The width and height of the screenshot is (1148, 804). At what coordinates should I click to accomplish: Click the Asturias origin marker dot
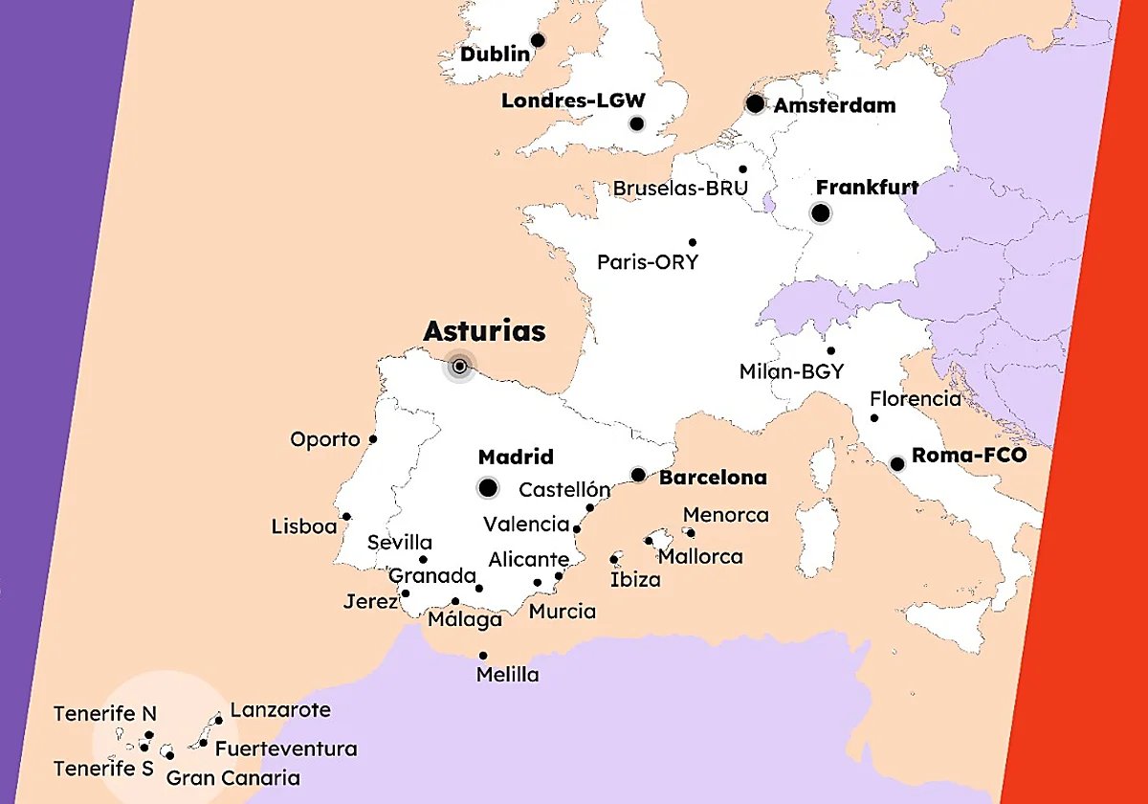[460, 366]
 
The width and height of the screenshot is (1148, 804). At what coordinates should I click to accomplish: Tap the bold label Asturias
[484, 331]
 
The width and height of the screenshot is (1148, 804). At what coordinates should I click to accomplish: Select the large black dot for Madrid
[488, 488]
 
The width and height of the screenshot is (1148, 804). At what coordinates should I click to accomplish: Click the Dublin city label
[494, 55]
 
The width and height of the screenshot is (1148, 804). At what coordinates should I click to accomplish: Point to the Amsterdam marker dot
[756, 103]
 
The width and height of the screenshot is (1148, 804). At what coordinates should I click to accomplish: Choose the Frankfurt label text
[867, 188]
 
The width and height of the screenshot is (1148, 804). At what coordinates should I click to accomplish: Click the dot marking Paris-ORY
[693, 242]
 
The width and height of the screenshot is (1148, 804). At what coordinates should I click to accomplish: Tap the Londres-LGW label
[573, 100]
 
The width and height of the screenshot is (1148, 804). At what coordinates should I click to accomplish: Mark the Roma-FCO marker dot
[897, 464]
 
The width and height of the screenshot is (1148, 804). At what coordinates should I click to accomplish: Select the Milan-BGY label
[791, 371]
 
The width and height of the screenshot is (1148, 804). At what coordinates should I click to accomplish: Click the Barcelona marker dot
[638, 475]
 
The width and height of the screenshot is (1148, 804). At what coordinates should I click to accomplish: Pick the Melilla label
[507, 675]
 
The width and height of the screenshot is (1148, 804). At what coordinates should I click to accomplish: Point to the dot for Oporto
[373, 439]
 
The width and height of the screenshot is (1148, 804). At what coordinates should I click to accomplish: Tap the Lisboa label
[304, 526]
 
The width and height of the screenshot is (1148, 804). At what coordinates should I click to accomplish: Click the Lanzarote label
[280, 710]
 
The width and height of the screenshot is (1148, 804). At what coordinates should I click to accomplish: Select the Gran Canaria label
[233, 778]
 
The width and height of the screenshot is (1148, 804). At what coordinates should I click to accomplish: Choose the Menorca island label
[725, 515]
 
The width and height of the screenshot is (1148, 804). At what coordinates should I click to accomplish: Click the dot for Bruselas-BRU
[742, 169]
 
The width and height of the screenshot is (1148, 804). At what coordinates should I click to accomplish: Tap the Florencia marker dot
[874, 418]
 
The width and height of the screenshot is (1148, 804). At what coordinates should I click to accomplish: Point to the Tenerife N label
[104, 714]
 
